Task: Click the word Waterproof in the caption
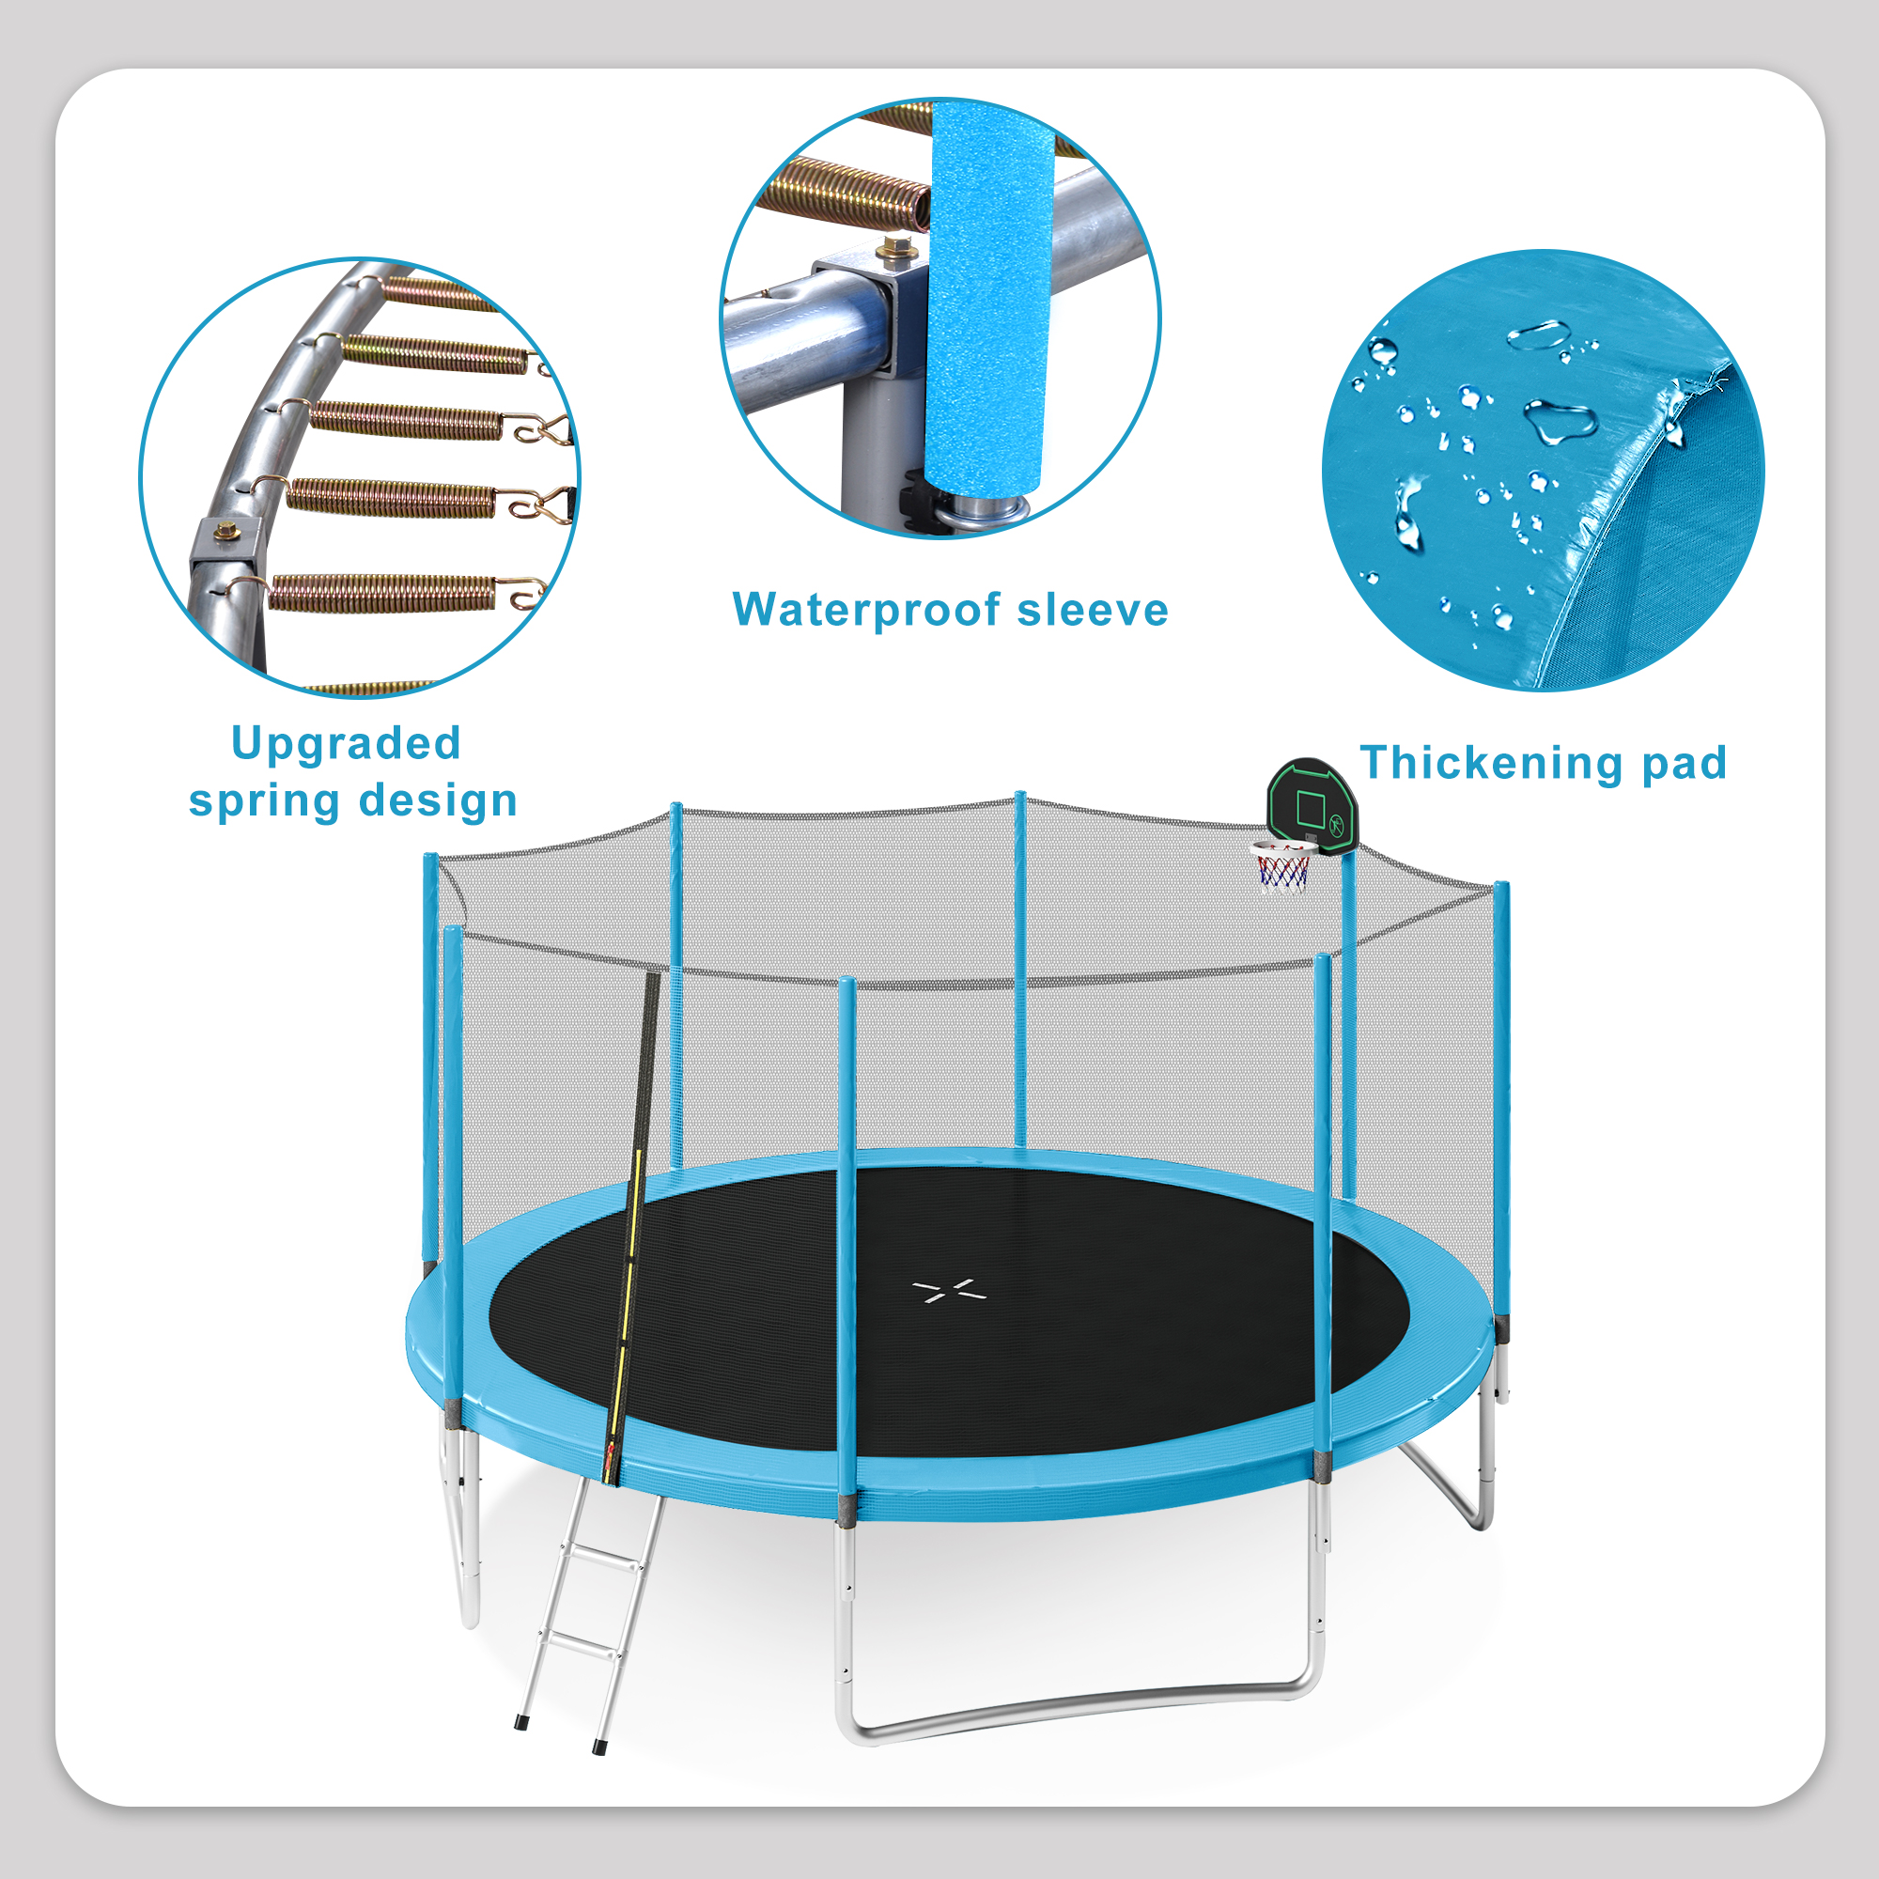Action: coord(865,611)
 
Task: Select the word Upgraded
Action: coord(347,745)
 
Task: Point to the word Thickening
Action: coord(1492,763)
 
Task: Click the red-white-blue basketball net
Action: coord(1282,868)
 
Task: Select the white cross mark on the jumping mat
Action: coord(950,1292)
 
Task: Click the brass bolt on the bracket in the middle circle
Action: coord(887,251)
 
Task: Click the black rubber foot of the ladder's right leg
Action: coord(599,1747)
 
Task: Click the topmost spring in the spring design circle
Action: coord(438,292)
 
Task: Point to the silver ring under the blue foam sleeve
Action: coord(986,508)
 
